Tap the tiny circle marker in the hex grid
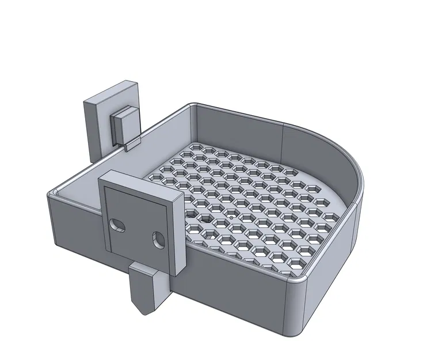(x=230, y=218)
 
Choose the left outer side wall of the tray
(x=75, y=225)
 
